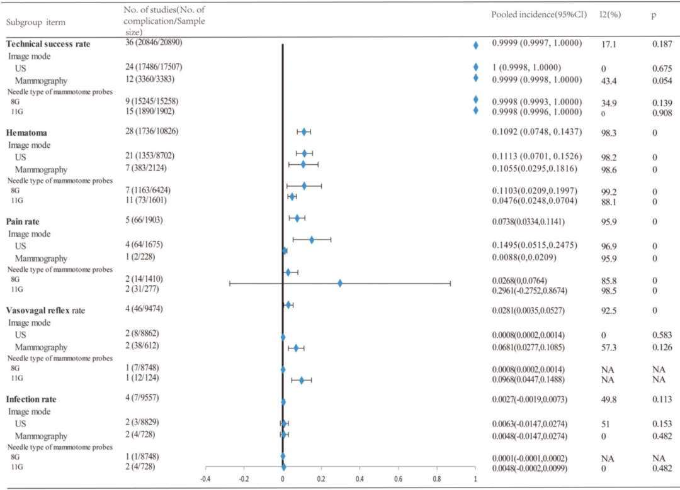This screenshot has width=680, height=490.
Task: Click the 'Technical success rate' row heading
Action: point(48,44)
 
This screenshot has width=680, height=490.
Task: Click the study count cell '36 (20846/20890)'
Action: point(154,42)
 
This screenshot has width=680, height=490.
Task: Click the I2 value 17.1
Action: point(609,45)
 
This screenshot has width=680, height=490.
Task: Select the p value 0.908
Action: point(661,111)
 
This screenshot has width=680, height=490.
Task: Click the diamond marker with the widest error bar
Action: point(340,283)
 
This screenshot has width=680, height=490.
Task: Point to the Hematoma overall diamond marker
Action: point(304,131)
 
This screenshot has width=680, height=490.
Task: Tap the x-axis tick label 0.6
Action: point(398,478)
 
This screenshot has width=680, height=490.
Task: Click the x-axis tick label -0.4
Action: point(205,478)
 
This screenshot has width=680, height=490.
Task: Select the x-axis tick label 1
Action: point(475,478)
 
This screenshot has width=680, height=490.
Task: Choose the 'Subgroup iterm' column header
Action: point(36,23)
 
